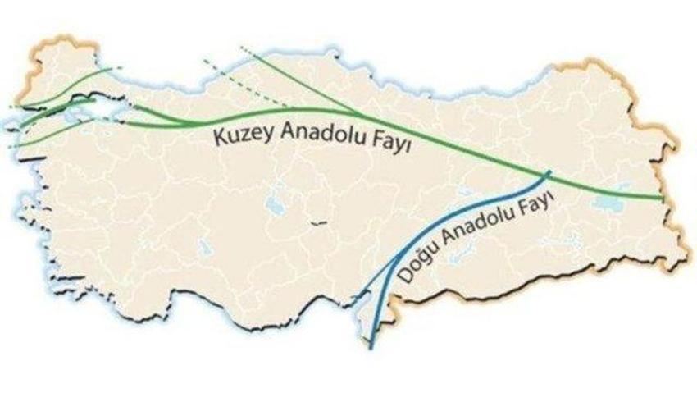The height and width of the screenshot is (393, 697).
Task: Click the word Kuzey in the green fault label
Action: coord(237,136)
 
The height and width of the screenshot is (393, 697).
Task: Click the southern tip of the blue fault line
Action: coord(372,349)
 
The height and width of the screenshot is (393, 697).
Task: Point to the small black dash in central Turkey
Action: coord(319,221)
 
